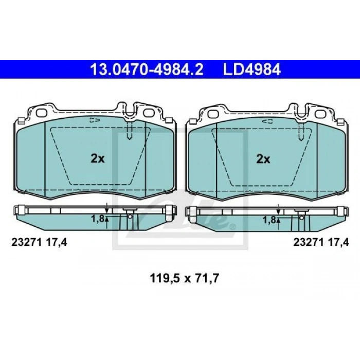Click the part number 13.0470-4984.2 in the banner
pos(147,69)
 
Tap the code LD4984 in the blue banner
pos(252,69)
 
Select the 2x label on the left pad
pos(98,158)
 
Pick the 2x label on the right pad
pos(263,159)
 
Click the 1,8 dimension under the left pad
pos(98,219)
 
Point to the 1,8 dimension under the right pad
pos(269,220)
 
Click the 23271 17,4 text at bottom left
pos(39,242)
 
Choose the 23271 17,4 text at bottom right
pos(321,242)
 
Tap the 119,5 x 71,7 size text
pos(184,279)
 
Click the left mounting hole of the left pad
pos(42,113)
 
